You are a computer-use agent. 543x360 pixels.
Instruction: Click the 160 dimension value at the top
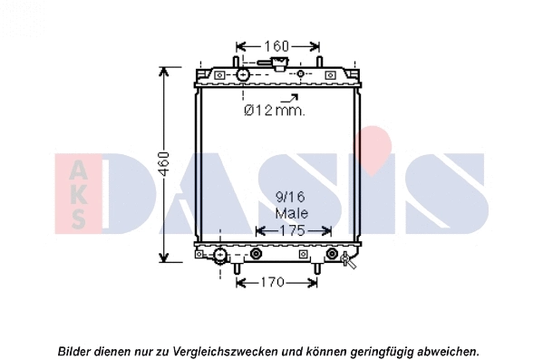click(276, 45)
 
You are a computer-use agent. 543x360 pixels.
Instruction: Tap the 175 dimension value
click(291, 230)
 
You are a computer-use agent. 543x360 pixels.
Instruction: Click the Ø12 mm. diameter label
click(275, 111)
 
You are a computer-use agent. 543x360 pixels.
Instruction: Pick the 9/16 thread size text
click(291, 196)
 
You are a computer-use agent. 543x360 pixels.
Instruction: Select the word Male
click(291, 213)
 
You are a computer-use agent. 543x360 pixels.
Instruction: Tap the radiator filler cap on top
click(273, 64)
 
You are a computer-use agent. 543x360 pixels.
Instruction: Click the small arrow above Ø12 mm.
click(290, 96)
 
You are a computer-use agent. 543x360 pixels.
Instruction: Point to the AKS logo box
click(77, 192)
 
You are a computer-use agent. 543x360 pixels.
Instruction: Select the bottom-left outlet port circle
click(219, 255)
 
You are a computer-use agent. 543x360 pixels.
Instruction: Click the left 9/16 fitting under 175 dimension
click(257, 254)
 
